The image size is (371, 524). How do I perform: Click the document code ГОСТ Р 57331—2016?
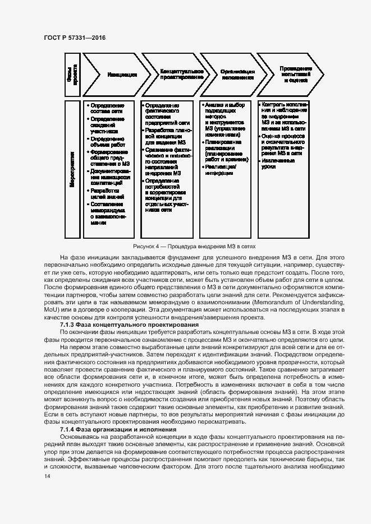(x=74, y=37)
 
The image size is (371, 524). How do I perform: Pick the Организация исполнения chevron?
(x=237, y=75)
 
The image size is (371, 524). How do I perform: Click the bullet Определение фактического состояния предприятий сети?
(x=163, y=115)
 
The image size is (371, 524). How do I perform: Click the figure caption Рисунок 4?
(x=194, y=246)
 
